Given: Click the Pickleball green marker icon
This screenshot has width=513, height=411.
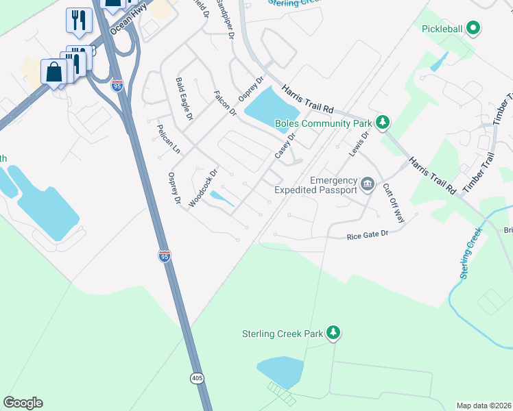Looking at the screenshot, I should pyautogui.click(x=472, y=28).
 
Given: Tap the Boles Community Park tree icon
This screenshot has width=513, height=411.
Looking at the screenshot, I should pyautogui.click(x=383, y=123).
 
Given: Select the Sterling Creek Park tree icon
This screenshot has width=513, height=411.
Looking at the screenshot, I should pyautogui.click(x=333, y=333).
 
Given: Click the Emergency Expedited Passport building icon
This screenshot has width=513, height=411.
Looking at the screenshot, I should pyautogui.click(x=368, y=184).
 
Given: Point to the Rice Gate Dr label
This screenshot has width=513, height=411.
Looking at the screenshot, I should pyautogui.click(x=368, y=234).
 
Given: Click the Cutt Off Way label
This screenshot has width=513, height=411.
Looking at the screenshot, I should pyautogui.click(x=394, y=203).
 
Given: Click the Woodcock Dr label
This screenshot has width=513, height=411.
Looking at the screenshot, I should pyautogui.click(x=203, y=188).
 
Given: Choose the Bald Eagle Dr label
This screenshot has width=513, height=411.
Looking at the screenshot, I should pyautogui.click(x=184, y=99).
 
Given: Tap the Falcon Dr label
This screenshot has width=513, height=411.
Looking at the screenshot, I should pyautogui.click(x=224, y=103).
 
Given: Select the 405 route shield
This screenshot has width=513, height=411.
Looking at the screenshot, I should pyautogui.click(x=198, y=378).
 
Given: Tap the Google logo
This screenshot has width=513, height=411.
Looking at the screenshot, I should pyautogui.click(x=23, y=403).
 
